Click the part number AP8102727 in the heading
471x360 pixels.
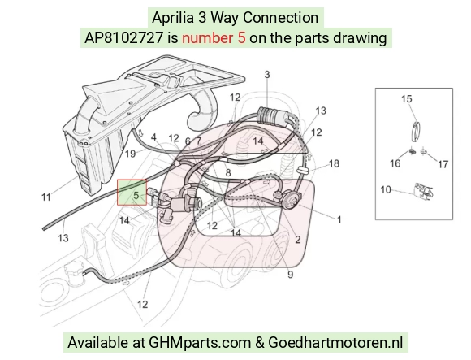click(124, 38)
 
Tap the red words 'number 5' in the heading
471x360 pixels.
click(214, 38)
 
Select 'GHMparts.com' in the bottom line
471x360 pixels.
click(200, 342)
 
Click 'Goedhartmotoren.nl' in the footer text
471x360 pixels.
click(335, 342)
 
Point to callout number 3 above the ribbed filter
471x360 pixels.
click(267, 75)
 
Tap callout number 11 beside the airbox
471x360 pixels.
click(46, 197)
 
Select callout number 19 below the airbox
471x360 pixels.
click(130, 154)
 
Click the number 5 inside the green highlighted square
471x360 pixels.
click(136, 196)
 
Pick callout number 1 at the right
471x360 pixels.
click(339, 219)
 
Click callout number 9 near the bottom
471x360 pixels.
click(290, 275)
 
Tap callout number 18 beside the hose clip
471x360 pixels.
click(334, 163)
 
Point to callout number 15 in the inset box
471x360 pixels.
click(407, 98)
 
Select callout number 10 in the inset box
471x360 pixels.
click(386, 190)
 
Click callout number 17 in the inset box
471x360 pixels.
click(443, 164)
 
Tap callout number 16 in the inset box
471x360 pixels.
click(395, 163)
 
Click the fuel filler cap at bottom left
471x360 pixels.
click(74, 272)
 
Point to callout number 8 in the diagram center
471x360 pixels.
click(228, 173)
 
